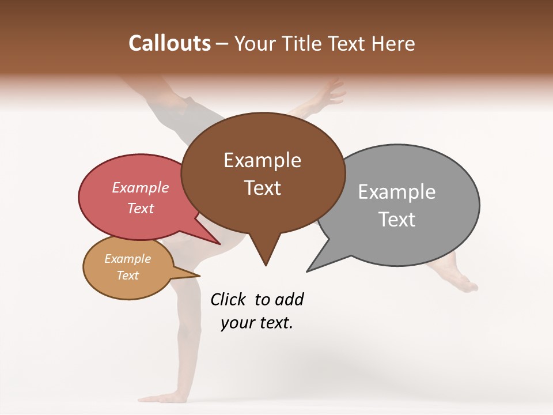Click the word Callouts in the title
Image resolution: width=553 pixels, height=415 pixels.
click(169, 43)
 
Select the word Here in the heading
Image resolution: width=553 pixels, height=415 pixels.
click(393, 43)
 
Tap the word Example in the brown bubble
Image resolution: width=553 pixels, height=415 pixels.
click(262, 160)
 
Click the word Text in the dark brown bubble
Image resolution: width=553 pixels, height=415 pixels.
click(263, 188)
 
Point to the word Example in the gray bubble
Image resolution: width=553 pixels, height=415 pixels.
click(397, 191)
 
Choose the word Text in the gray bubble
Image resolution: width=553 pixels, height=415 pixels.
click(397, 219)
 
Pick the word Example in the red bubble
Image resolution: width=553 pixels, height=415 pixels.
click(141, 187)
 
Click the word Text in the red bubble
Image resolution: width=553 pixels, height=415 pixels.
click(141, 208)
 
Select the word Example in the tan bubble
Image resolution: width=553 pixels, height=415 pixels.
click(128, 259)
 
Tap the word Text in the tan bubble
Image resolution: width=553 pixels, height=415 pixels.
click(128, 276)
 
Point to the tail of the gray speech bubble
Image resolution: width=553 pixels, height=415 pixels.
click(314, 265)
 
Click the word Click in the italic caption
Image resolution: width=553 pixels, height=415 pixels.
click(228, 299)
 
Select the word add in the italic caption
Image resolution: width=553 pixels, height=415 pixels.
click(289, 299)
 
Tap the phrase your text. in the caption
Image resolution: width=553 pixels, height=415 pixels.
click(257, 323)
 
